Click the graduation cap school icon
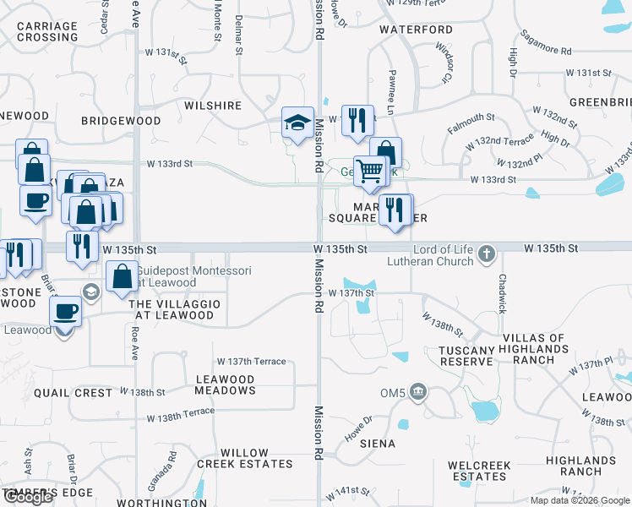click(297, 123)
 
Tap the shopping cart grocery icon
click(370, 172)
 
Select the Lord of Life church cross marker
click(487, 253)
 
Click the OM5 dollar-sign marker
click(417, 391)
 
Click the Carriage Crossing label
click(47, 31)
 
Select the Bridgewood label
click(121, 121)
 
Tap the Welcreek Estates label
click(478, 471)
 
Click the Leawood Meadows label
click(225, 385)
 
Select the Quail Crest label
click(74, 393)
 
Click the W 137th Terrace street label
click(251, 362)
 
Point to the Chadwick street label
click(502, 293)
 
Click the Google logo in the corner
click(29, 497)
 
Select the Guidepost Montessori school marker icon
click(91, 292)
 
